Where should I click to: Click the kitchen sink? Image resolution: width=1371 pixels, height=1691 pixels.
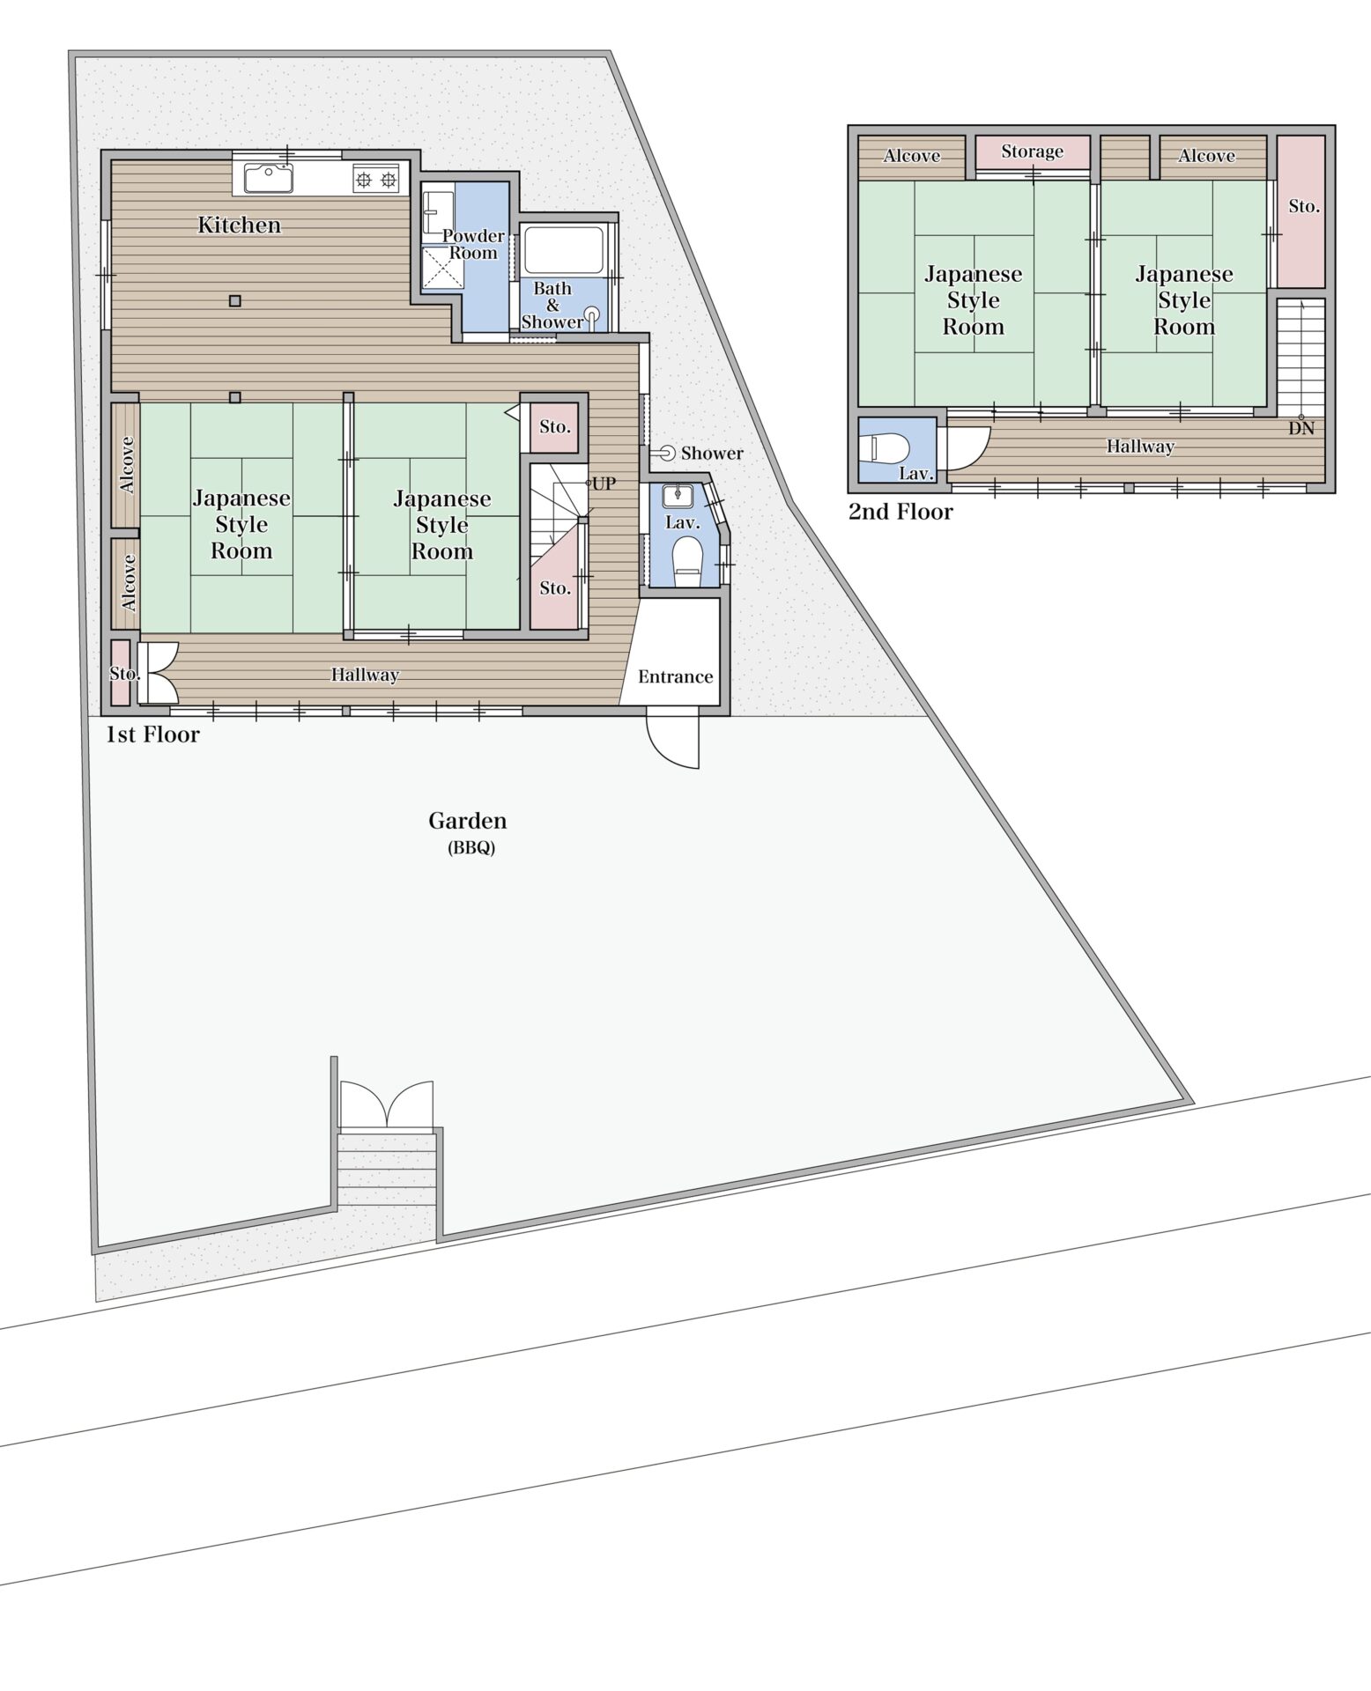(x=269, y=179)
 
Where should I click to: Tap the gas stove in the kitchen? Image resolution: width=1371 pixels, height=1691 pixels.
(x=376, y=180)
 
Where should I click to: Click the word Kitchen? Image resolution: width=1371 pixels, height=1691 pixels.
(x=239, y=225)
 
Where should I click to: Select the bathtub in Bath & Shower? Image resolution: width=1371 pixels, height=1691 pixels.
(x=564, y=250)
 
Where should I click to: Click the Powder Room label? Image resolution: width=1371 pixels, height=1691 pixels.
(x=473, y=244)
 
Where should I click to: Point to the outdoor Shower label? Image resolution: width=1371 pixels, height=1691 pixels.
(x=712, y=453)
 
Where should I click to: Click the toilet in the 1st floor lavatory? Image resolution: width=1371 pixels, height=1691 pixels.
(x=686, y=558)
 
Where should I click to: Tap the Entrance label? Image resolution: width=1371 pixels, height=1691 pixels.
(x=676, y=676)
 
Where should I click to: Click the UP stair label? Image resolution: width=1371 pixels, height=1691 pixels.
(x=604, y=484)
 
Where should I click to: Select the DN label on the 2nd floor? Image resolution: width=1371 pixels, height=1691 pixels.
(x=1301, y=429)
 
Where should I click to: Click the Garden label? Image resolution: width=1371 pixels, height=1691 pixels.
(x=468, y=821)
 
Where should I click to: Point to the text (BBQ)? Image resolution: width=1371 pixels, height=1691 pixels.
(x=471, y=849)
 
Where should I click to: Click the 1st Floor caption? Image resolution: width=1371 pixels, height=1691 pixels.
(x=153, y=735)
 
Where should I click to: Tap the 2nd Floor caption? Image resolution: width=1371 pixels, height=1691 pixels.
(x=900, y=512)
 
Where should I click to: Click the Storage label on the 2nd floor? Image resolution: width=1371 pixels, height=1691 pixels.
(x=1033, y=151)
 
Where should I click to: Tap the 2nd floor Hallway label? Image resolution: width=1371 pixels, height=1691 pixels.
(x=1141, y=447)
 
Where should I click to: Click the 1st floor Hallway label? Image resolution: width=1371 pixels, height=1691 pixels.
(x=365, y=676)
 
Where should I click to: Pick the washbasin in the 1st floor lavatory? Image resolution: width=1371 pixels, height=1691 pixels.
(x=678, y=494)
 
